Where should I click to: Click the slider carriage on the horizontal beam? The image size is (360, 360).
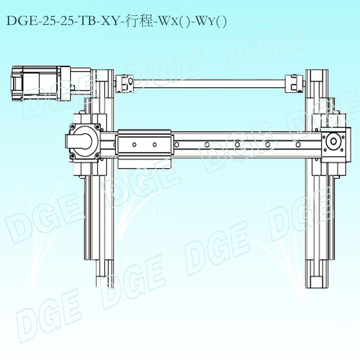click(144, 144)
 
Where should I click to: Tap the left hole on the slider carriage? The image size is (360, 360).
click(135, 144)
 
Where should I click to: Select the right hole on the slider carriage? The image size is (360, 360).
click(155, 144)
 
